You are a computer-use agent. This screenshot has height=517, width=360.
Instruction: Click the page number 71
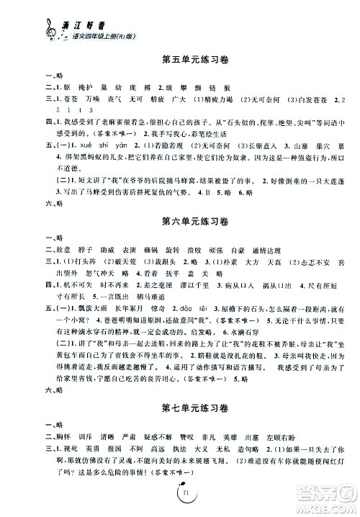pyautogui.click(x=180, y=491)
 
